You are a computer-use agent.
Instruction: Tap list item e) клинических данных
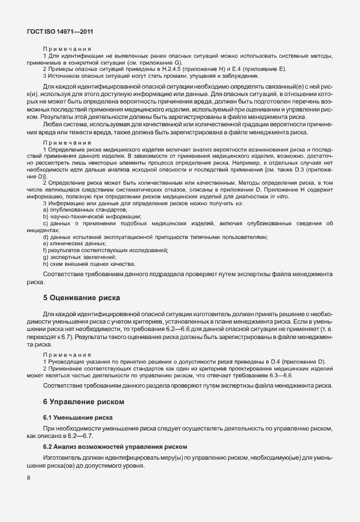pos(74,244)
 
